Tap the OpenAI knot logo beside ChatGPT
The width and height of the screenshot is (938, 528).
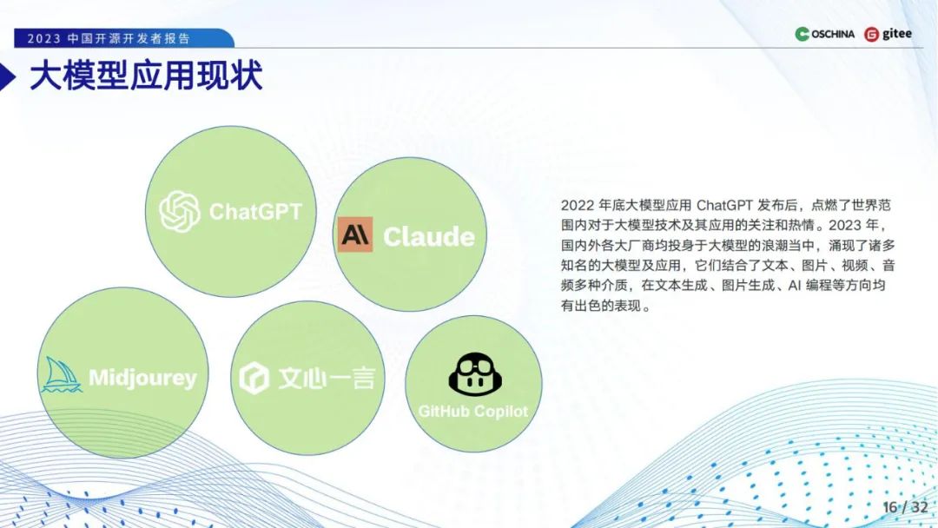pyautogui.click(x=180, y=211)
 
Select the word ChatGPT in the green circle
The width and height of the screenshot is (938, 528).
pyautogui.click(x=255, y=211)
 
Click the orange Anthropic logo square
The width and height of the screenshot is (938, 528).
pyautogui.click(x=355, y=234)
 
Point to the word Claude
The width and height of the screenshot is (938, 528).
pyautogui.click(x=429, y=236)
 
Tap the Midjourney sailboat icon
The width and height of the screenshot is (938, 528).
pyautogui.click(x=62, y=376)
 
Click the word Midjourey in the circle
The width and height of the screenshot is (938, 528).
pyautogui.click(x=142, y=379)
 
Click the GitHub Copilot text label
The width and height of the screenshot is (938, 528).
pyautogui.click(x=473, y=411)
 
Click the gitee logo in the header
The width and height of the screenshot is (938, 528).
pyautogui.click(x=888, y=34)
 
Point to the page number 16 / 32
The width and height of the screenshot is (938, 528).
pyautogui.click(x=906, y=506)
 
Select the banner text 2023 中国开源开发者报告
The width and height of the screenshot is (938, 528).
pyautogui.click(x=109, y=39)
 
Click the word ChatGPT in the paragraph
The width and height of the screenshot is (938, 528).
pyautogui.click(x=724, y=206)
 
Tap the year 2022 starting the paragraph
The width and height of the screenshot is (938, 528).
pyautogui.click(x=577, y=206)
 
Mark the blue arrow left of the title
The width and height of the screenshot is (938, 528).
pyautogui.click(x=9, y=77)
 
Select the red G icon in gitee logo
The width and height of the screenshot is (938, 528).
pyautogui.click(x=871, y=35)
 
